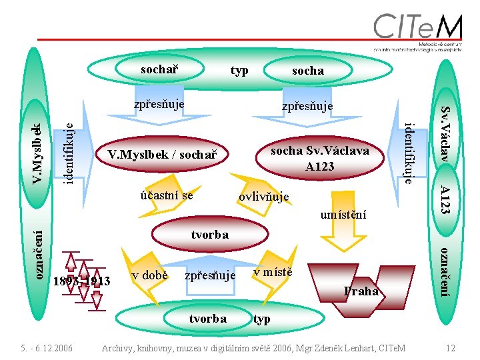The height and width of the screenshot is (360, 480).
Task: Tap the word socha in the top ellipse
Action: pos(308,70)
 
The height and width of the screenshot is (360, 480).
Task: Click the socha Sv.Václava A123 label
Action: pos(319,158)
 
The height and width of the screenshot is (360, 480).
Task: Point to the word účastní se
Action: pos(167,195)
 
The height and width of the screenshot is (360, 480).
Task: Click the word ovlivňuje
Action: pos(264,197)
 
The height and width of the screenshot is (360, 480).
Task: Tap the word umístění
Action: pos(343,215)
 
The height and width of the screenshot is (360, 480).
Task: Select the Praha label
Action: pos(361,291)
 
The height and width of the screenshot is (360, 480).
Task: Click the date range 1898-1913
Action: pos(81,281)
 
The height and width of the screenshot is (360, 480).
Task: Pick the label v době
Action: pos(149,275)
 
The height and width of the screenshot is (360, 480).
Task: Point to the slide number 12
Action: pos(451,347)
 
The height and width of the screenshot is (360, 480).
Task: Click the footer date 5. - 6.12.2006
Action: pos(47,347)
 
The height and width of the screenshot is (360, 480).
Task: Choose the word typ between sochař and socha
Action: pos(239,70)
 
